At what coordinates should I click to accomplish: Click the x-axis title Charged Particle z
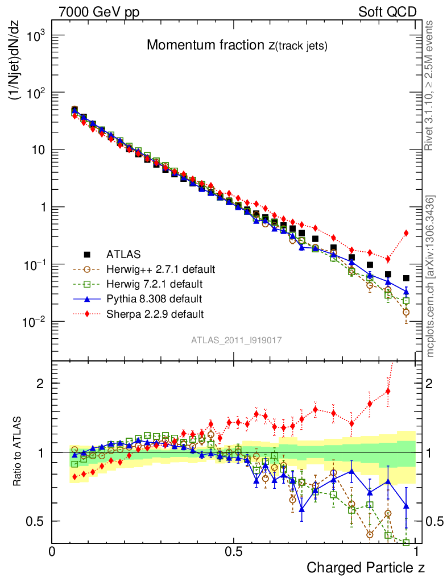(366, 567)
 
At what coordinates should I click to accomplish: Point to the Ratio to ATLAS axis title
(18, 452)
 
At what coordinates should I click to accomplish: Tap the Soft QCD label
(387, 12)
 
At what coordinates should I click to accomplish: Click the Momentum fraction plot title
(237, 46)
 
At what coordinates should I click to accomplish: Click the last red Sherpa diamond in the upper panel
(406, 232)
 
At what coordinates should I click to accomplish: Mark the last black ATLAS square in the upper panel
(406, 278)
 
